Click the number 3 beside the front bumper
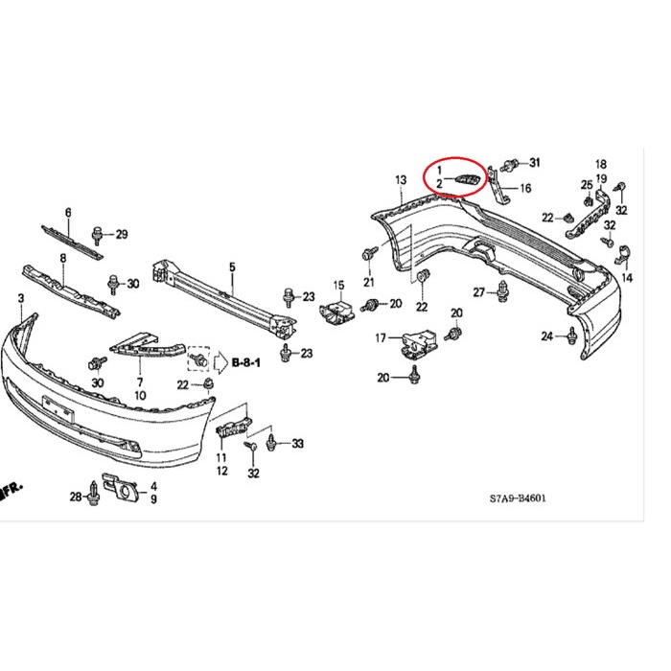pyautogui.click(x=21, y=300)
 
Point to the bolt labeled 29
pyautogui.click(x=99, y=233)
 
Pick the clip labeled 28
pyautogui.click(x=94, y=495)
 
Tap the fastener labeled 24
pyautogui.click(x=572, y=335)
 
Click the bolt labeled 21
pyautogui.click(x=369, y=256)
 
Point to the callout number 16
pyautogui.click(x=524, y=189)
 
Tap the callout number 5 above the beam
pyautogui.click(x=231, y=266)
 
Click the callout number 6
pyautogui.click(x=68, y=212)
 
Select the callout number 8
pyautogui.click(x=63, y=258)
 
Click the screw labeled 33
pyautogui.click(x=276, y=443)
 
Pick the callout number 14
pyautogui.click(x=627, y=278)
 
